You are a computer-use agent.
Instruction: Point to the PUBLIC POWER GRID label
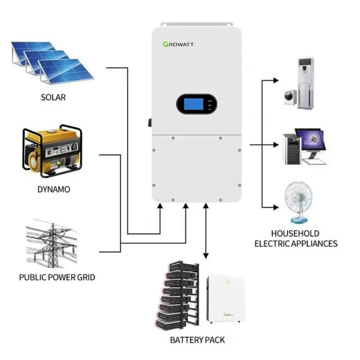coord(57,277)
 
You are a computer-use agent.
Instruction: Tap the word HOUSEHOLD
coord(295,234)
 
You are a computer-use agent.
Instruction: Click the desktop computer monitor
coord(310,140)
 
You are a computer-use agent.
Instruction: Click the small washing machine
coord(290,96)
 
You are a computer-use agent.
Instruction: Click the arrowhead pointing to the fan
coord(276,207)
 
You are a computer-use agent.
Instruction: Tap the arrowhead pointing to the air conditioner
coord(276,80)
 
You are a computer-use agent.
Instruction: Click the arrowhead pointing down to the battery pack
coord(206,255)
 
